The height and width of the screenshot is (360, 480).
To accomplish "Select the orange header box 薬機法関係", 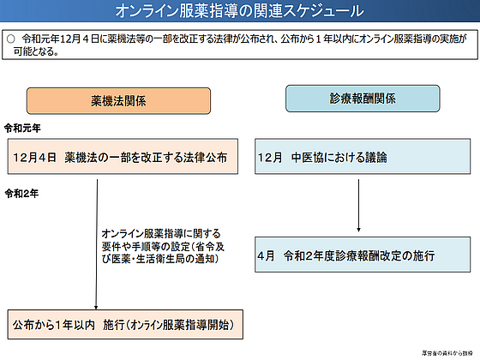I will point(117,100).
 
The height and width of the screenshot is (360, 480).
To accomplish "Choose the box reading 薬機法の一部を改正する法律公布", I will point(120,159).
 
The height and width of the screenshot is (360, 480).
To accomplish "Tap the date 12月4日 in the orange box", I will point(34,159).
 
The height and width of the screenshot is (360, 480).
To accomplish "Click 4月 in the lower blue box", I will point(267,255).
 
